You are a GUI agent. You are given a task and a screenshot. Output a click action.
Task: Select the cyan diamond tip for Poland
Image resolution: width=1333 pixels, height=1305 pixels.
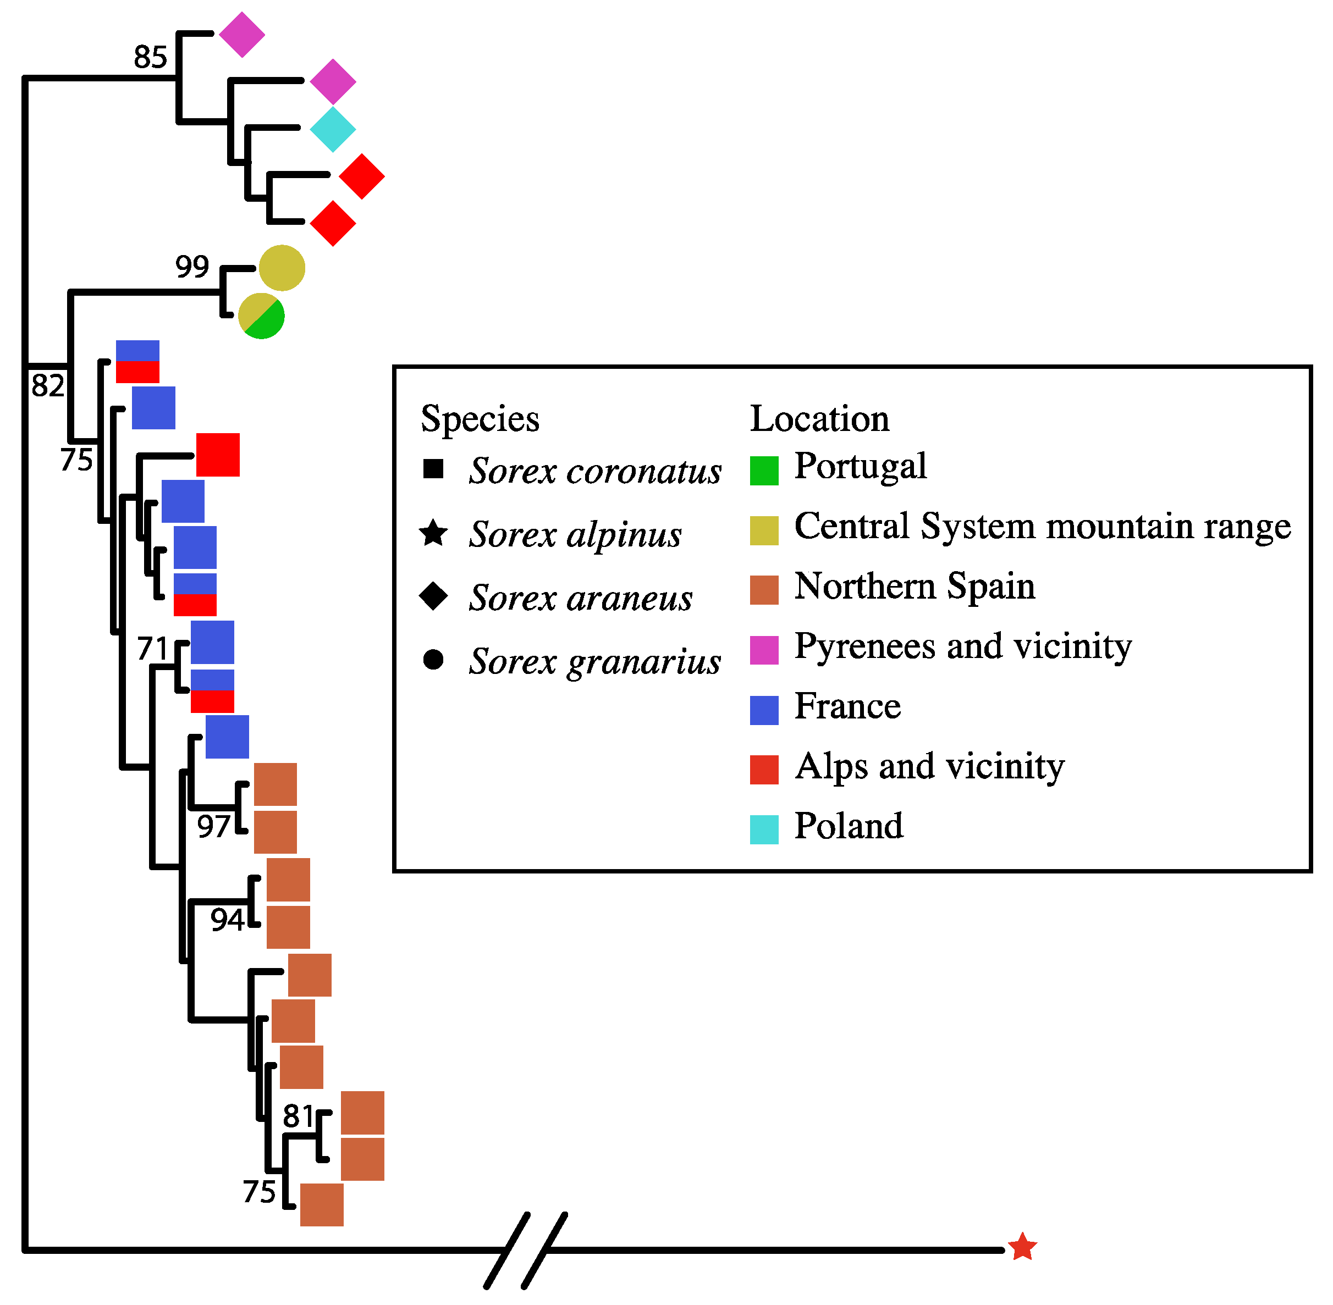pos(333,129)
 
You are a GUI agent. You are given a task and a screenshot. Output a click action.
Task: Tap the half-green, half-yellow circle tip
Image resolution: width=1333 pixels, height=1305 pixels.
pos(261,316)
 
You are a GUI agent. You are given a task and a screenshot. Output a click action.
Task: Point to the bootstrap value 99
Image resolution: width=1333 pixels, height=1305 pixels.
pos(192,266)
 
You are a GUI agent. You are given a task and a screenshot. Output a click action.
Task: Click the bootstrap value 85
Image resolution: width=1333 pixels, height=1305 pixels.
pos(150,57)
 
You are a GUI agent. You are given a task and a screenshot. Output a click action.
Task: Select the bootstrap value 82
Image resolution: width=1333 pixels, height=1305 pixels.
pos(47,385)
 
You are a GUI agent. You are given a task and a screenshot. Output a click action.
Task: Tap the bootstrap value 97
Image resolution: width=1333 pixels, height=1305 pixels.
pos(213,827)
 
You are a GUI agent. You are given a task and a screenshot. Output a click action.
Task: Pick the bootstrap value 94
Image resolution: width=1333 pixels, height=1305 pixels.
pos(227,920)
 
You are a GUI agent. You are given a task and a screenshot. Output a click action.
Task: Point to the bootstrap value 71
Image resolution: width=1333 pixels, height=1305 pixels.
pos(152,649)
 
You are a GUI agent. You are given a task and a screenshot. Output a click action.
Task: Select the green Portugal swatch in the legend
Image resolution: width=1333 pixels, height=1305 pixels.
pos(764,470)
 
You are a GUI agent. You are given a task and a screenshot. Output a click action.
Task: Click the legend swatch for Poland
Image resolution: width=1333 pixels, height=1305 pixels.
pos(764,830)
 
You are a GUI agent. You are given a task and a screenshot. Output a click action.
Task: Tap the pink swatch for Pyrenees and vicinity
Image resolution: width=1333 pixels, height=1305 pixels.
pos(764,650)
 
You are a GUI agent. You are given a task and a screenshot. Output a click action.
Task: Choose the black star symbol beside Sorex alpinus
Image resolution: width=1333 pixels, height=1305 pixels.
pos(433,533)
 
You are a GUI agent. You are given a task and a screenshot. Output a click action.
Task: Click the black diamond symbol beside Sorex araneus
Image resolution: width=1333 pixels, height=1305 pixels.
pos(433,596)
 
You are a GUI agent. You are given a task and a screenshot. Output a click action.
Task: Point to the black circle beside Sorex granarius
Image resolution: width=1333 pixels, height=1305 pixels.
pos(433,659)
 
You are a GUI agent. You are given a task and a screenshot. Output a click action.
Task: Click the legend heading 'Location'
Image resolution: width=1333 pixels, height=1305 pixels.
pos(819,418)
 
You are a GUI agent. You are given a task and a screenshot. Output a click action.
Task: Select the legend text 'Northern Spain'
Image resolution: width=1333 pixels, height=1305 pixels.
pos(914,587)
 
